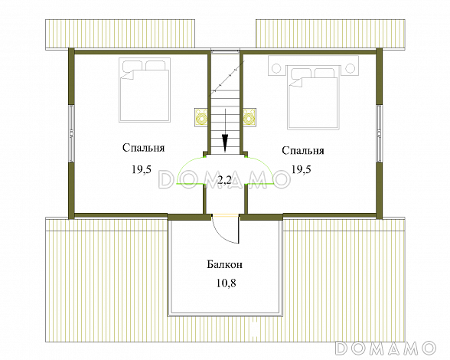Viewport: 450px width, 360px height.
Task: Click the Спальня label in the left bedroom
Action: coord(144,148)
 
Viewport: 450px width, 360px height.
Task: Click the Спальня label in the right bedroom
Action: coord(303,151)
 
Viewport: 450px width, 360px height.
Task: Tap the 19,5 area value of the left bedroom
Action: coord(142,169)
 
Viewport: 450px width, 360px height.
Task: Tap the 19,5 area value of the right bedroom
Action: coord(302,169)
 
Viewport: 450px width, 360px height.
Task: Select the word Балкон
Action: coord(225,264)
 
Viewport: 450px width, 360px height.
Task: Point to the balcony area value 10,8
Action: coord(227,283)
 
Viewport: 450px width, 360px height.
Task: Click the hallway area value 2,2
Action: coord(224,180)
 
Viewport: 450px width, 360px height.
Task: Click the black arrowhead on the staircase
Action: coord(225,142)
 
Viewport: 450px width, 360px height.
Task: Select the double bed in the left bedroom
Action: coord(145,90)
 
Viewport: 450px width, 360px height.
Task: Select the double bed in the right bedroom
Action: coord(313,98)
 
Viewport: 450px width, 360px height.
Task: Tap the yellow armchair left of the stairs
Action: coord(201,117)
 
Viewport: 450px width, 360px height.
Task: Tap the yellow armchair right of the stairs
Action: coord(249,117)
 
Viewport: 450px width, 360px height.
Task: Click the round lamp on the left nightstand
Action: coord(276,68)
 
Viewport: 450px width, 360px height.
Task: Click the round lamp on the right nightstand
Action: coord(350,68)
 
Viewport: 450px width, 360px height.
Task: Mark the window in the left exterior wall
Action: coord(71,135)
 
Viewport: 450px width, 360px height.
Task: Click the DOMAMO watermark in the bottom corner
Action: coord(386,348)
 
